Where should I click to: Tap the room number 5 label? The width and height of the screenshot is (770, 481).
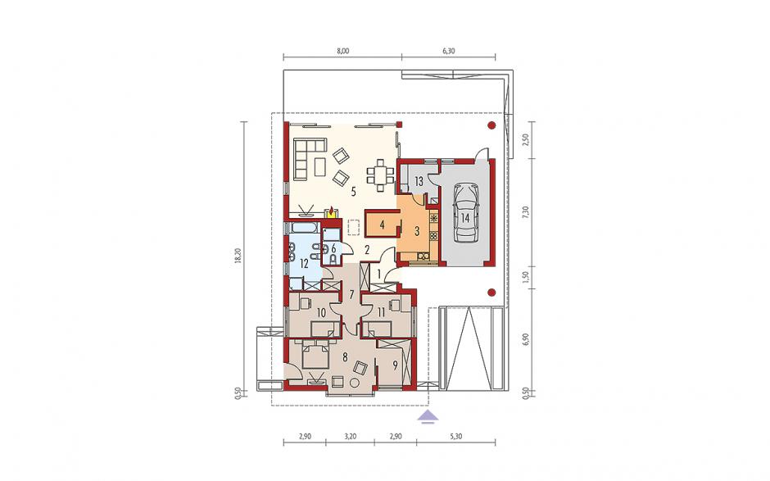353,192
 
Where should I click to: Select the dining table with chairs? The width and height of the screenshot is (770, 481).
381,174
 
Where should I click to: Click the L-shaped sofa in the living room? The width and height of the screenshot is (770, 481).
308,158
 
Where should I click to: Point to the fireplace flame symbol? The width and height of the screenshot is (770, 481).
333,211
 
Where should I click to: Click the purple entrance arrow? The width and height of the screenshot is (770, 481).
428,416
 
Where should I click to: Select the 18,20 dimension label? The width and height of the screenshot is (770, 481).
238,257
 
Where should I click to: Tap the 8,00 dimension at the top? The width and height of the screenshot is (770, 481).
342,50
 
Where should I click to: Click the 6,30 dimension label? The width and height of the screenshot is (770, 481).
448,50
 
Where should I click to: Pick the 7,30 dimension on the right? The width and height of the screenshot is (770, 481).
526,212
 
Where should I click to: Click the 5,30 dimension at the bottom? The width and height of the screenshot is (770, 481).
455,436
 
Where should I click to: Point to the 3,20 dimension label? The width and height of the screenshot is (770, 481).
350,436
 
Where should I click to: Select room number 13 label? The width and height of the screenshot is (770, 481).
419,182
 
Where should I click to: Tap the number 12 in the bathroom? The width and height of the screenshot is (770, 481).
304,265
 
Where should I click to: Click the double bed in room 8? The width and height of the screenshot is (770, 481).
315,356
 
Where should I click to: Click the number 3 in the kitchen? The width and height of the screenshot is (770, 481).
416,231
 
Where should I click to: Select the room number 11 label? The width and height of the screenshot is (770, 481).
381,312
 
